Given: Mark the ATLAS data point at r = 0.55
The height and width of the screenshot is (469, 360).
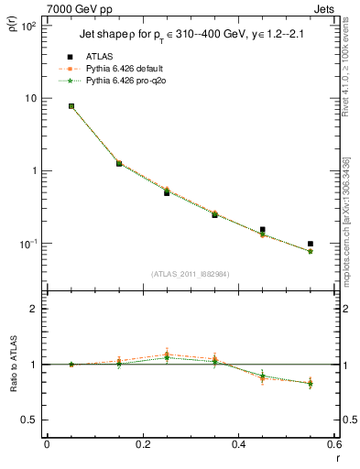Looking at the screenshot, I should click(x=311, y=244).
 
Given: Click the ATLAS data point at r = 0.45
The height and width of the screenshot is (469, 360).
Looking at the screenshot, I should click(x=263, y=230).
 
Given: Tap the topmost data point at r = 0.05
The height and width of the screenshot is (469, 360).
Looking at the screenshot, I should click(x=71, y=106).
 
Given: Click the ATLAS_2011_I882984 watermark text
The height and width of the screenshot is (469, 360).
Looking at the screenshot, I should click(x=190, y=273).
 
